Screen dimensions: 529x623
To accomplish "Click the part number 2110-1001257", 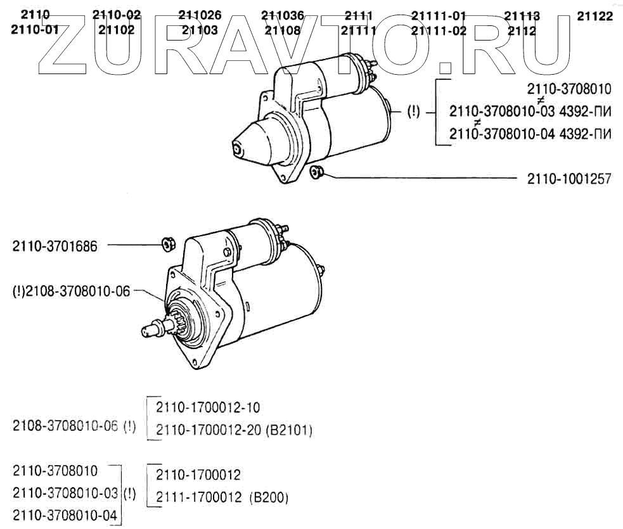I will click(x=568, y=179).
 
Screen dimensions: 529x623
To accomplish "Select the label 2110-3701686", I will click(x=55, y=246).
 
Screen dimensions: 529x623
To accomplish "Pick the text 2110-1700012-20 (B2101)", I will click(x=234, y=430).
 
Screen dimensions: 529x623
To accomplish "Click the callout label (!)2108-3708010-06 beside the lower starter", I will click(x=71, y=291).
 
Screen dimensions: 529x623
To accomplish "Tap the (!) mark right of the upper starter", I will click(x=413, y=112).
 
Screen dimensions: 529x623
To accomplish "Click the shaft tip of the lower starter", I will click(x=148, y=329).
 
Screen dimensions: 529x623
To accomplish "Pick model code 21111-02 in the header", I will click(x=438, y=30).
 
